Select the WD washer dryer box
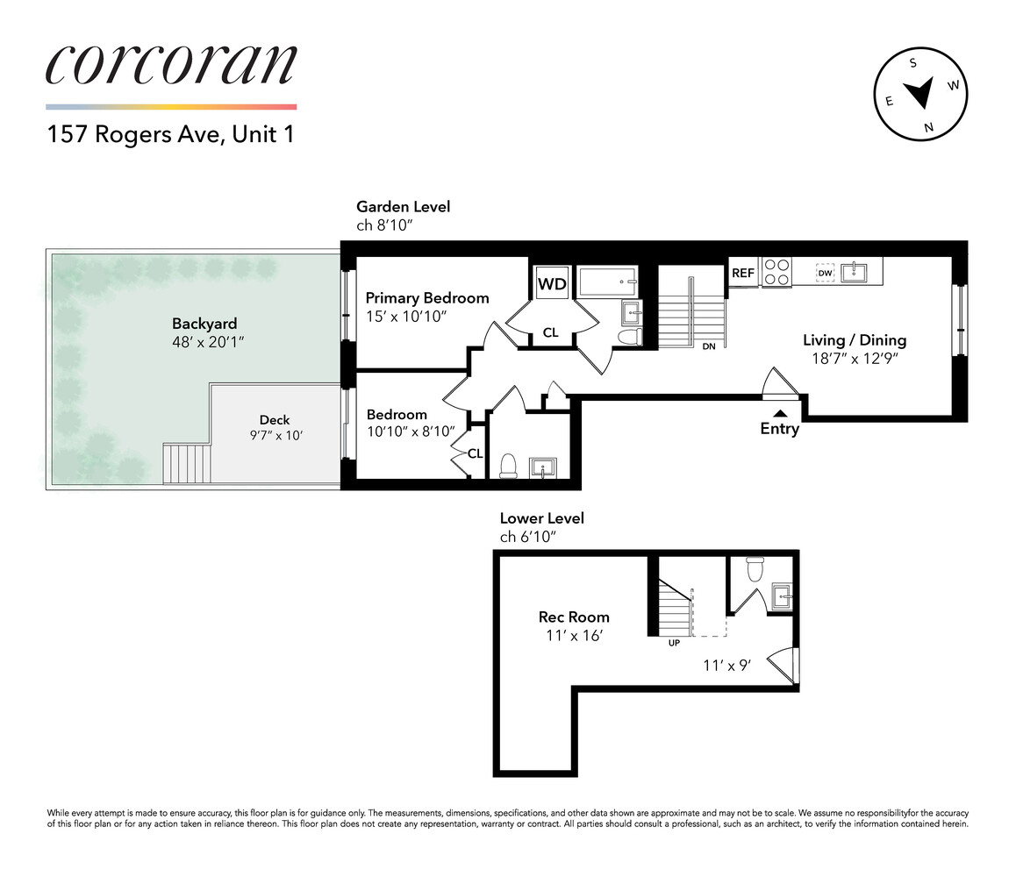point(551,283)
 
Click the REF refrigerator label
point(743,273)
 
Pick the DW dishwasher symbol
point(825,273)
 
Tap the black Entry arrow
point(778,412)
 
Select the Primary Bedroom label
point(427,298)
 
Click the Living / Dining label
point(855,340)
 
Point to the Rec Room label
point(574,617)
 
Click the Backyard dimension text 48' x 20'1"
point(208,341)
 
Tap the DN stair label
point(708,347)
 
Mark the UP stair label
point(674,643)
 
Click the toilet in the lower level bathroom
point(753,570)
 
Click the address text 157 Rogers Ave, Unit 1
point(169,136)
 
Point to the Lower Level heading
point(541,518)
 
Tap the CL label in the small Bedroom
point(475,453)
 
